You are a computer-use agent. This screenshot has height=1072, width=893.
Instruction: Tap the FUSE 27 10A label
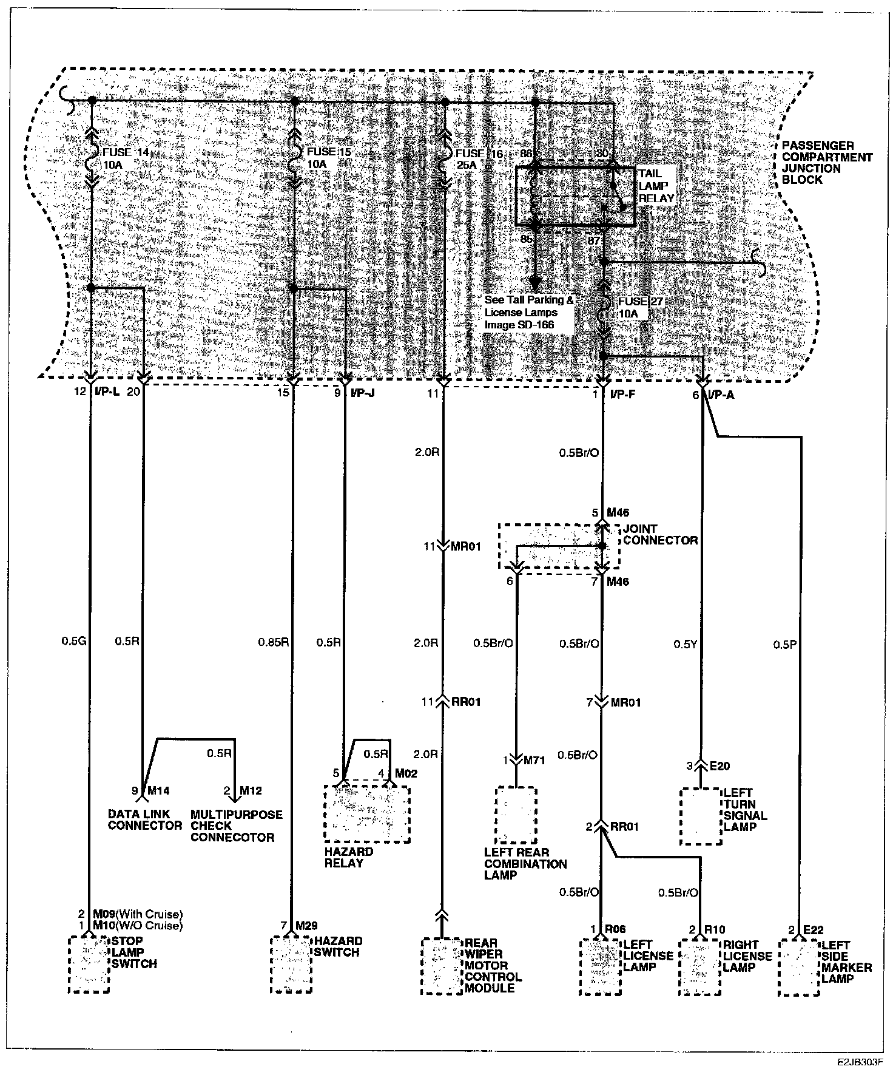[632, 307]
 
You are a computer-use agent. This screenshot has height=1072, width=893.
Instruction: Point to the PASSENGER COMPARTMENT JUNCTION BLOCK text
[826, 163]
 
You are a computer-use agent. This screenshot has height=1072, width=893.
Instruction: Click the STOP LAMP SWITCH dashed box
[89, 964]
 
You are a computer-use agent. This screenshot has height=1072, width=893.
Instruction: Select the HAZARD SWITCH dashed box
[291, 964]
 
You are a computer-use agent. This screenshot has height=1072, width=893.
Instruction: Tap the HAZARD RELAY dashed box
[367, 813]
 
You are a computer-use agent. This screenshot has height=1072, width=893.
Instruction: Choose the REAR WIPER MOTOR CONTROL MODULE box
[442, 966]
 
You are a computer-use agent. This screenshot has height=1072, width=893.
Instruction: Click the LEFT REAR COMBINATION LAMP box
[516, 815]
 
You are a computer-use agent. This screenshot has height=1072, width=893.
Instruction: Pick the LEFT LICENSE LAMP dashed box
[600, 966]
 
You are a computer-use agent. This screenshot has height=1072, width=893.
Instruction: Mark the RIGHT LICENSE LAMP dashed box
[700, 966]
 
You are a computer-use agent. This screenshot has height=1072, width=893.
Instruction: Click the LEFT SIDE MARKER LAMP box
[798, 966]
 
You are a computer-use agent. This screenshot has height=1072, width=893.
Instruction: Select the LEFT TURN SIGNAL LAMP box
[701, 816]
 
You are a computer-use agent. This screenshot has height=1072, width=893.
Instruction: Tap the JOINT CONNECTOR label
[660, 534]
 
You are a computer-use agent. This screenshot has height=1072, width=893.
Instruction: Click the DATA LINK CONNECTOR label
[144, 819]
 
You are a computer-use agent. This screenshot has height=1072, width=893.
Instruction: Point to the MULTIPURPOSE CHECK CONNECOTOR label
[237, 826]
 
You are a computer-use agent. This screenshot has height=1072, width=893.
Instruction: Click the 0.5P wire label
[784, 644]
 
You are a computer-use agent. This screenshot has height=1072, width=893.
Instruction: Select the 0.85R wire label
[273, 642]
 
